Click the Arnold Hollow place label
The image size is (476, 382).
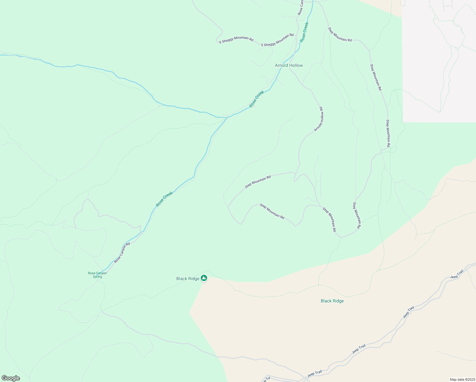[289, 65]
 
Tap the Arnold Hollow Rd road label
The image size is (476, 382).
[319, 119]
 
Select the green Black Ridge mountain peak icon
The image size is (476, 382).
[204, 278]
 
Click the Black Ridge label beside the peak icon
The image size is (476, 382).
[188, 279]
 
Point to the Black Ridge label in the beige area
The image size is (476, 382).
[332, 301]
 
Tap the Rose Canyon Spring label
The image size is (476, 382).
[97, 275]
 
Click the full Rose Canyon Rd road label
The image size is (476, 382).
[122, 253]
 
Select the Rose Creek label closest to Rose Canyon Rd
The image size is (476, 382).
[164, 199]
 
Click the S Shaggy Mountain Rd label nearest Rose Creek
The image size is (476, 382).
[277, 40]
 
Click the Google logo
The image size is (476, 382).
[10, 378]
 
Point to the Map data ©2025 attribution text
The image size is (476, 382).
[462, 379]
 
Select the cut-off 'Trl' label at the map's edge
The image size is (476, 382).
[267, 379]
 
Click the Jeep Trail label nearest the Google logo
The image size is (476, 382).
[315, 373]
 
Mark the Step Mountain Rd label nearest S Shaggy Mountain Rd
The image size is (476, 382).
[340, 35]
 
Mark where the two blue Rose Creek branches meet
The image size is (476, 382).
[227, 117]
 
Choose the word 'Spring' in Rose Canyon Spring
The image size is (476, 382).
[97, 277]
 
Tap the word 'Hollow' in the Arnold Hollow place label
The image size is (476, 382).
[296, 65]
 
